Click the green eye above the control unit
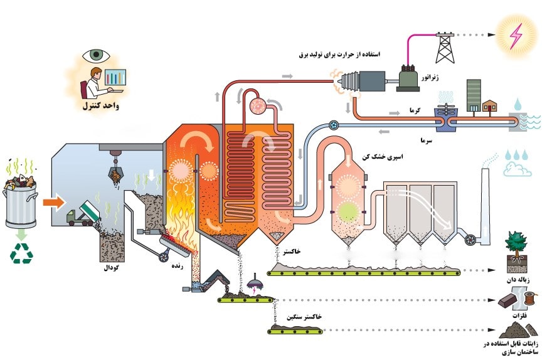click(95, 55)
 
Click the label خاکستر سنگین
click(305, 318)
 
